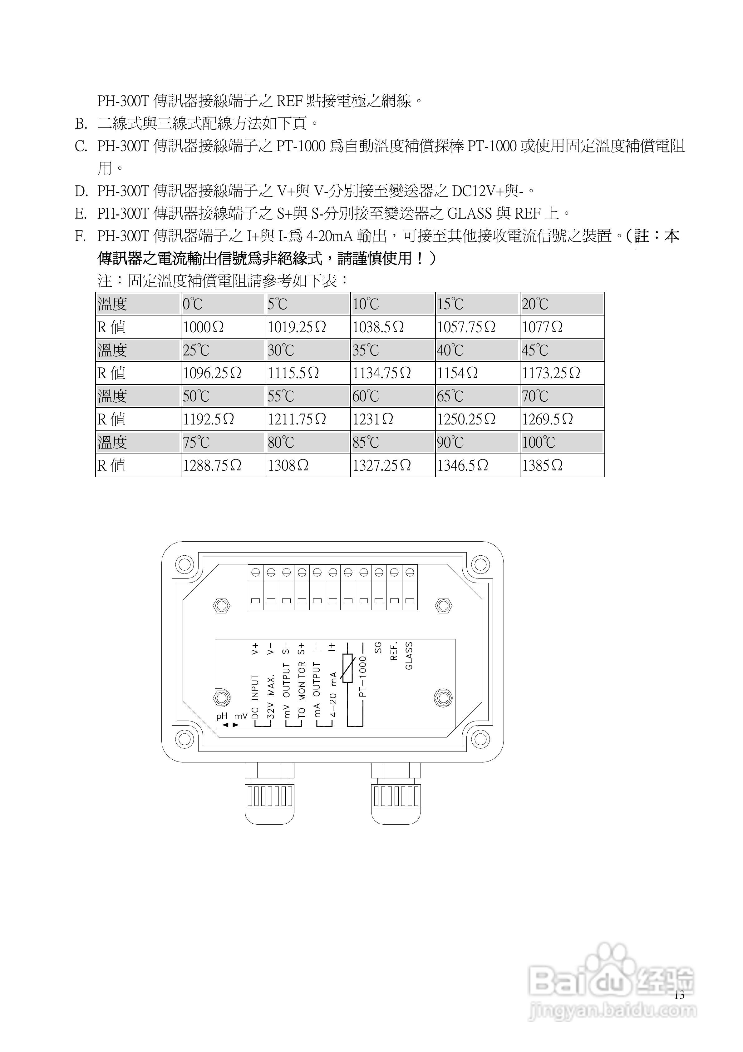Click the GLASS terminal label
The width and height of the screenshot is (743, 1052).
pyautogui.click(x=409, y=656)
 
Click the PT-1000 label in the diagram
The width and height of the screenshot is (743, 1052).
pyautogui.click(x=363, y=676)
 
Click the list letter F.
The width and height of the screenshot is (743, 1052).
pyautogui.click(x=80, y=236)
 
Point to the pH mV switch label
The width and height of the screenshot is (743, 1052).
pyautogui.click(x=231, y=716)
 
